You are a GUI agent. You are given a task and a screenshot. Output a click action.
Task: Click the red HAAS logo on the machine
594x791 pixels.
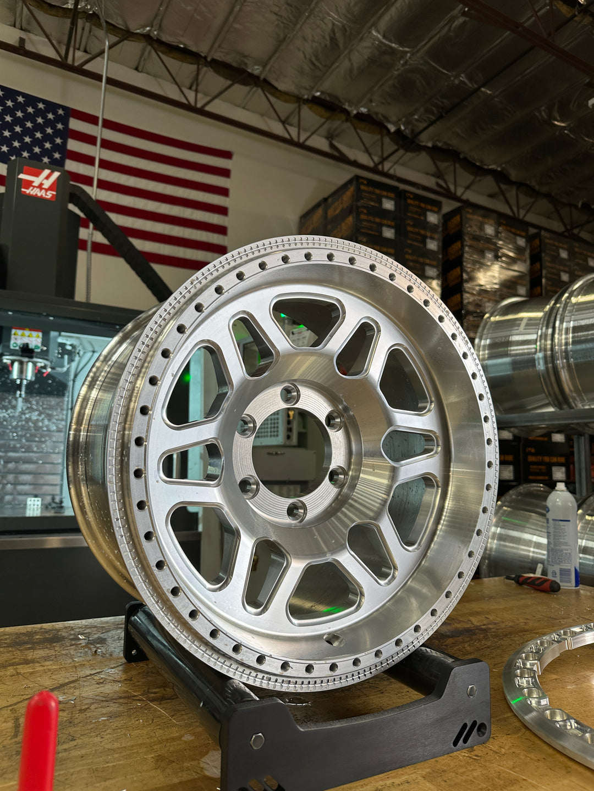[x=39, y=183]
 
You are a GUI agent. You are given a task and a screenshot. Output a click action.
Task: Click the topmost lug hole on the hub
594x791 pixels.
[x=289, y=393]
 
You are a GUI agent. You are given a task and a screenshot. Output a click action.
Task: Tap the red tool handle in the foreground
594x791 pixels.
[x=38, y=742]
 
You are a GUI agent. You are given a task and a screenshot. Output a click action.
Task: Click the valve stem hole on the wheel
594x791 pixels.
[x=334, y=639]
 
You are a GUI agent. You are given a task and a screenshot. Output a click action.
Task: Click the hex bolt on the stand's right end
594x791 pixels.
[x=471, y=691]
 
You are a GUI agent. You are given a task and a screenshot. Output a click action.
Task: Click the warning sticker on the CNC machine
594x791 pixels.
[x=26, y=337]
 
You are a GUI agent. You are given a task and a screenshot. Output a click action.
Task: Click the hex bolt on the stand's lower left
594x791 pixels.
[x=257, y=740]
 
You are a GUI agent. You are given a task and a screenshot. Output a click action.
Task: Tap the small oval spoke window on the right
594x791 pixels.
[x=410, y=444]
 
